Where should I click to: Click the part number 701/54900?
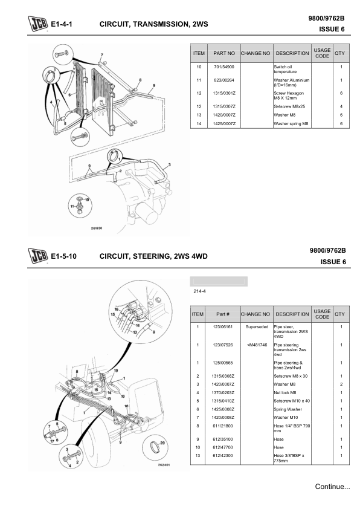(223, 67)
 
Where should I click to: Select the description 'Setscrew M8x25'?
(289, 106)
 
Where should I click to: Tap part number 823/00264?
(223, 80)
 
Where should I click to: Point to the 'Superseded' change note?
(257, 327)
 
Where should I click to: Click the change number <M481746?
(257, 345)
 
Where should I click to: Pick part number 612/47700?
(223, 448)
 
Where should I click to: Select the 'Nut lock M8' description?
(284, 393)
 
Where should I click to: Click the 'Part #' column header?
(223, 314)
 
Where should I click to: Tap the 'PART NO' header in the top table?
(224, 53)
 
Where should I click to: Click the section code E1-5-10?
(64, 256)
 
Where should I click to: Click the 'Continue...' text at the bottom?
(332, 487)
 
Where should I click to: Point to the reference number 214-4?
(199, 291)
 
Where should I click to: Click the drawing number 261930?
(97, 229)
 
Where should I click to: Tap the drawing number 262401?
(164, 465)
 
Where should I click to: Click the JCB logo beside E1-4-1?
(37, 24)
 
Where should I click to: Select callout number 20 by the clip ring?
(162, 443)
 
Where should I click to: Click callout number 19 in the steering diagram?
(116, 371)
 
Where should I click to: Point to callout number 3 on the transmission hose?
(169, 165)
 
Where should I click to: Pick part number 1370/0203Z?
(223, 393)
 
